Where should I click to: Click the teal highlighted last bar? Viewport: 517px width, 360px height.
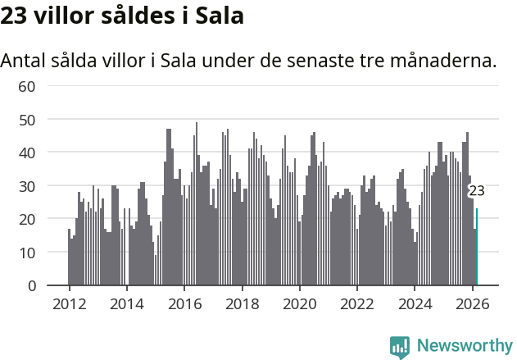click(477, 247)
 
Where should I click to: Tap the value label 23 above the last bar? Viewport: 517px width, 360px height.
click(476, 191)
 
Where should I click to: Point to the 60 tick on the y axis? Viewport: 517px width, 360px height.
click(27, 86)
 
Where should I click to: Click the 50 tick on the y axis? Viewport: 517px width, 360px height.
click(27, 120)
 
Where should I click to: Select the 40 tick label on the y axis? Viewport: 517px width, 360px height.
click(27, 153)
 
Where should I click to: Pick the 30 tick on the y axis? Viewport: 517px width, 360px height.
click(27, 186)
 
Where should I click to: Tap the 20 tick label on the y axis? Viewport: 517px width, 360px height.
click(27, 219)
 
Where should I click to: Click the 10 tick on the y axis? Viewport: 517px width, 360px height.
click(27, 253)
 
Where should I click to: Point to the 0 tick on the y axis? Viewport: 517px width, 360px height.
click(31, 285)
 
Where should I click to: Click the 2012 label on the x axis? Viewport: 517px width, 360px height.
click(69, 303)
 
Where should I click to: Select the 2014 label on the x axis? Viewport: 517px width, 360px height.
click(126, 303)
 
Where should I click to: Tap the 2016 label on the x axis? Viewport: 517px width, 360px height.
click(184, 303)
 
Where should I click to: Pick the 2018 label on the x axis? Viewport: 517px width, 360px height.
click(242, 303)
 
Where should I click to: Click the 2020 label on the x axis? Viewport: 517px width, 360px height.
click(299, 303)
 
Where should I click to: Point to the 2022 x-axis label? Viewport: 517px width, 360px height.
click(357, 303)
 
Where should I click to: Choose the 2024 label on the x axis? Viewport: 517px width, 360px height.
click(415, 303)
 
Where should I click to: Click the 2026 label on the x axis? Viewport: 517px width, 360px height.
click(472, 303)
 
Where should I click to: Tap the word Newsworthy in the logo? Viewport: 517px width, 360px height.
click(464, 345)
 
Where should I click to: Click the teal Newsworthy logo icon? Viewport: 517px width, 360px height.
click(400, 347)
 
